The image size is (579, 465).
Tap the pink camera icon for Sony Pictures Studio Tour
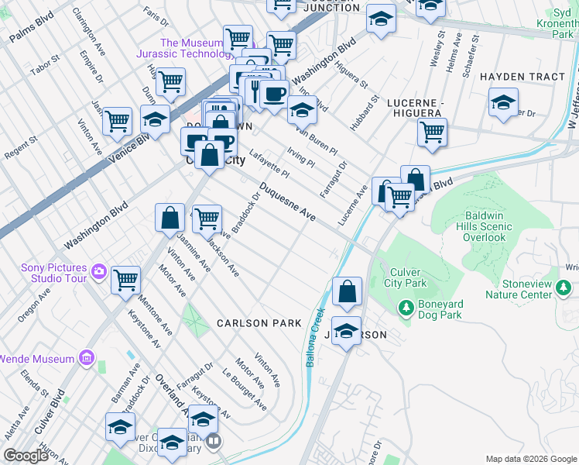pos(98,271)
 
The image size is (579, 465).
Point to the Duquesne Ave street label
pos(287,202)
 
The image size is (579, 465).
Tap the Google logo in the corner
pos(26,456)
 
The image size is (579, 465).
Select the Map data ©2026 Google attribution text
pos(531,459)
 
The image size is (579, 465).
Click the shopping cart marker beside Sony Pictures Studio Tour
pos(125,281)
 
